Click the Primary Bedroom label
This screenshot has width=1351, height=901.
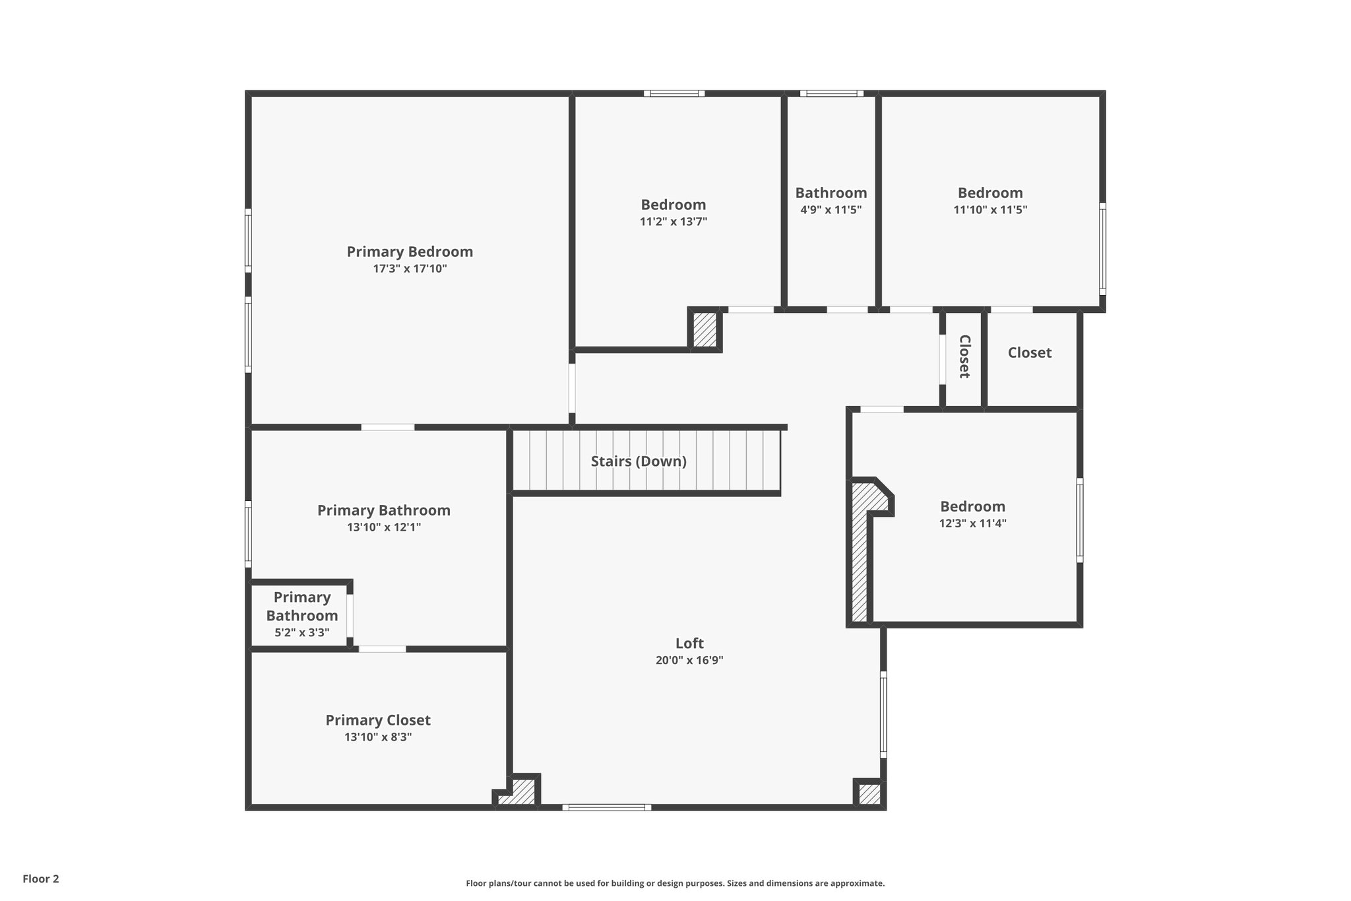click(x=410, y=251)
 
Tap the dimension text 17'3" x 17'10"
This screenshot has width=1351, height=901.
click(x=410, y=269)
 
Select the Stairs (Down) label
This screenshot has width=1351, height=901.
click(x=639, y=461)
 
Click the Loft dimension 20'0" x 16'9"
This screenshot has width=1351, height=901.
click(x=689, y=660)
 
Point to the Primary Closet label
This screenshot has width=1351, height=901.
click(x=378, y=720)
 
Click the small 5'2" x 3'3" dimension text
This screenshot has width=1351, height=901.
click(x=301, y=632)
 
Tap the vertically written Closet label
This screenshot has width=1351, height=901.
click(x=964, y=356)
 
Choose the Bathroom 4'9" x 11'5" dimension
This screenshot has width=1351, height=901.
click(x=831, y=210)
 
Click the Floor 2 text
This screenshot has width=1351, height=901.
click(x=41, y=879)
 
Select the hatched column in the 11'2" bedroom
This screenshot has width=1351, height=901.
click(x=705, y=329)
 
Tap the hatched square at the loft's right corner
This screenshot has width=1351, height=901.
click(x=869, y=794)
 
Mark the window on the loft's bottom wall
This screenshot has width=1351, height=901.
click(x=606, y=807)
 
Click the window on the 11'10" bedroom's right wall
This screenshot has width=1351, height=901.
click(x=1102, y=248)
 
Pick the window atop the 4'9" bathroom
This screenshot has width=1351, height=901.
click(x=831, y=94)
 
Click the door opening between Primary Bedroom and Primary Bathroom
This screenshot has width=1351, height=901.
click(x=388, y=428)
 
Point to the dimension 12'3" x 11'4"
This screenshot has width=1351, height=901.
click(x=972, y=523)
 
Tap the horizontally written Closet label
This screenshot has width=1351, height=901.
click(x=1029, y=352)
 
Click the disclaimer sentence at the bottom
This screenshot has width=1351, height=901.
click(x=675, y=883)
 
